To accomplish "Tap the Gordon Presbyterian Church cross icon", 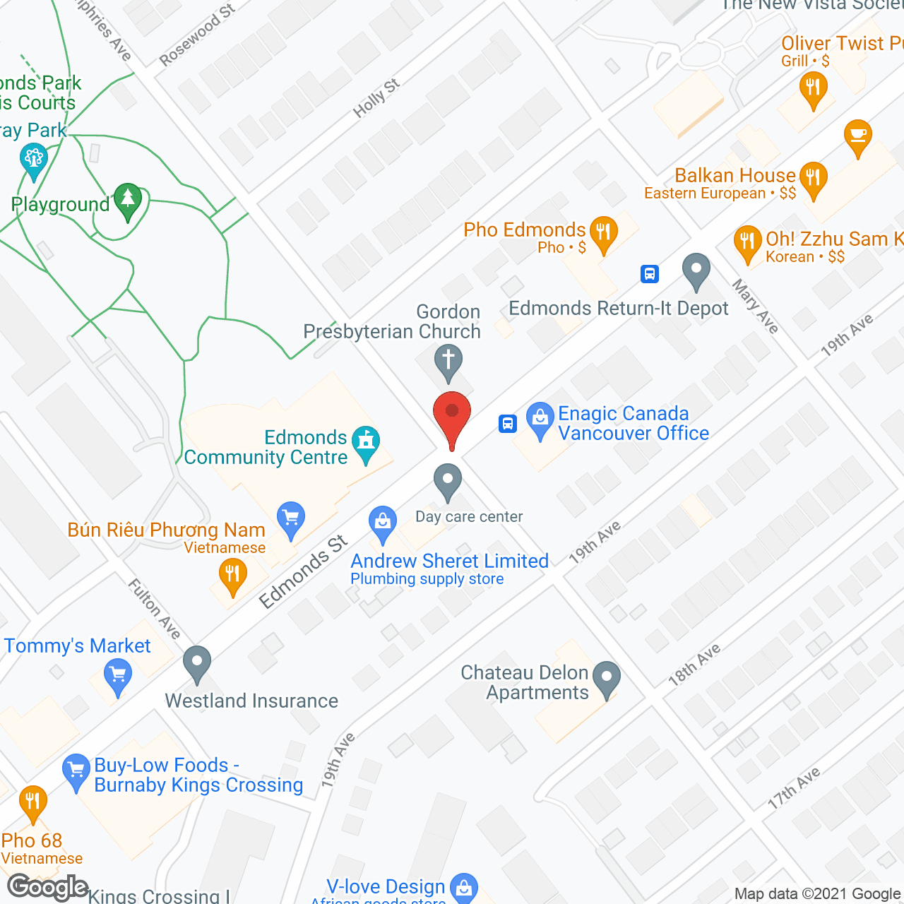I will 448,361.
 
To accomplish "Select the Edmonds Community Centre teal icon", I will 365,443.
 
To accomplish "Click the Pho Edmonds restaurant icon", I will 603,232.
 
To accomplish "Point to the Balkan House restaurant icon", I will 813,178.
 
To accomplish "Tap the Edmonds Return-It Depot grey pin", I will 696,270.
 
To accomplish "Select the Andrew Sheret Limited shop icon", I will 382,524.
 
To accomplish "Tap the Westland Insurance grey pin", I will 197,663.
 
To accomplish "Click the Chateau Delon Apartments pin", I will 607,678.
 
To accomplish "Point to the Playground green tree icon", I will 128,201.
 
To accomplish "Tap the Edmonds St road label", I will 304,571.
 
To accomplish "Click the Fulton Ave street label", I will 154,608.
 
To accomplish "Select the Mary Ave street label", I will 755,306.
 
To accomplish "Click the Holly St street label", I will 376,97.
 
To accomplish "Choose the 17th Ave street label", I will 794,787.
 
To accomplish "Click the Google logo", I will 47,888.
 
